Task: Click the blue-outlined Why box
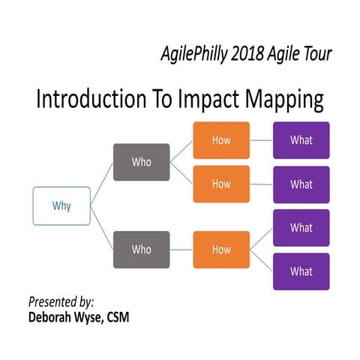click(x=61, y=205)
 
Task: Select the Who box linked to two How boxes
click(x=141, y=162)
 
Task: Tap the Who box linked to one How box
click(x=141, y=249)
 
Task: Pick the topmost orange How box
click(x=221, y=140)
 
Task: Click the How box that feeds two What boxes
click(x=221, y=249)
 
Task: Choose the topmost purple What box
click(x=301, y=140)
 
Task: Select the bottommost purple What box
click(x=301, y=271)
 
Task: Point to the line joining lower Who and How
click(x=181, y=249)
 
